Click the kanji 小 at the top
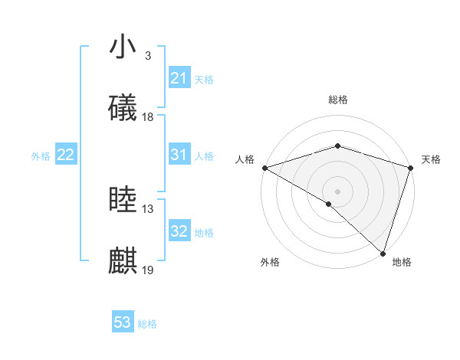(123, 47)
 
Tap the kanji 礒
(123, 108)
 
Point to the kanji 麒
(123, 261)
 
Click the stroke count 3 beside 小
(148, 56)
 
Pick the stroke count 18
(148, 117)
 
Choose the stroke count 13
(148, 209)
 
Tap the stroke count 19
(148, 270)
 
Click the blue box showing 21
(179, 78)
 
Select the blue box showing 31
(179, 155)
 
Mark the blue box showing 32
(179, 231)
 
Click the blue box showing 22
(65, 155)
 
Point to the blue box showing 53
(123, 322)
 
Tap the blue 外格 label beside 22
(41, 156)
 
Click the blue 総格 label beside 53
(147, 324)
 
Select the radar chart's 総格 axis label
(337, 100)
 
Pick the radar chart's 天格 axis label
(431, 159)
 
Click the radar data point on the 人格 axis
(264, 168)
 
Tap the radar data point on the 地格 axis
(383, 253)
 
